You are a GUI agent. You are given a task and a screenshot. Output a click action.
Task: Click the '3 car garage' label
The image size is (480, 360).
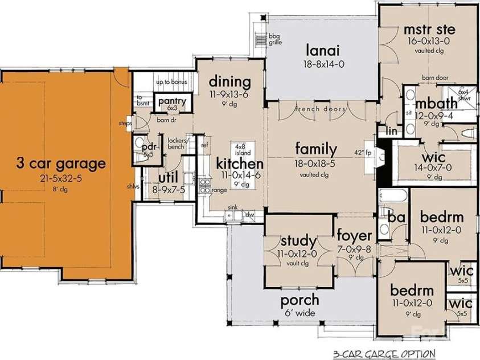pos(61,164)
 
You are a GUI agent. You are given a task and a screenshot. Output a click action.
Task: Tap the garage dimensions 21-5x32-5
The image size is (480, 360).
pos(61,178)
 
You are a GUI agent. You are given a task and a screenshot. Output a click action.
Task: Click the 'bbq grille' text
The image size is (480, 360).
pos(276,38)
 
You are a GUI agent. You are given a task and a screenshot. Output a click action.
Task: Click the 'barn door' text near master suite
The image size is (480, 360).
pos(433,77)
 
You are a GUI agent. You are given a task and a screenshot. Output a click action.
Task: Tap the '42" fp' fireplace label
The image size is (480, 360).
pos(362,153)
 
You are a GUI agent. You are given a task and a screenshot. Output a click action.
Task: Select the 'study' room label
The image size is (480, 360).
pos(295,240)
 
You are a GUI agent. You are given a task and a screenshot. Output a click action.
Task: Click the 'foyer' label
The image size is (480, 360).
pos(354,235)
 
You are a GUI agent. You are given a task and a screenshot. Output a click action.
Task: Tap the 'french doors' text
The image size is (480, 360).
pos(321,108)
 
